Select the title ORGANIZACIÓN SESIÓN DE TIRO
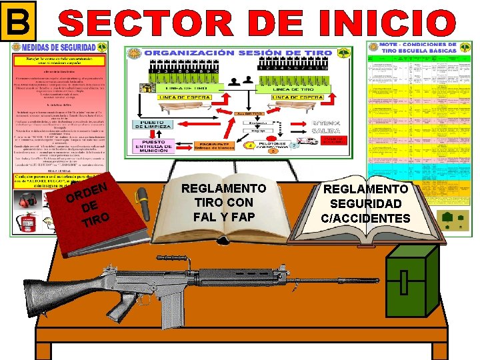click(x=235, y=53)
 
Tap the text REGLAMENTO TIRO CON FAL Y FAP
click(x=223, y=203)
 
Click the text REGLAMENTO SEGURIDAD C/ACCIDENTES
click(x=365, y=204)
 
